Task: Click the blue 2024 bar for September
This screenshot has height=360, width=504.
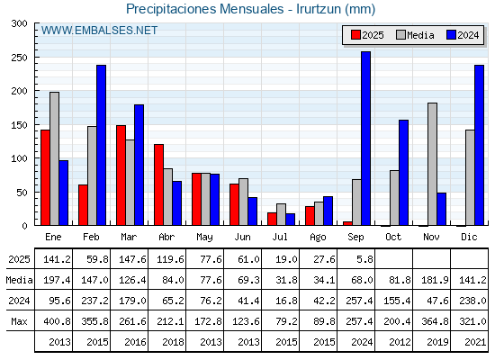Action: click(x=365, y=139)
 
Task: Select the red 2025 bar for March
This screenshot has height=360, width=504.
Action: click(x=121, y=175)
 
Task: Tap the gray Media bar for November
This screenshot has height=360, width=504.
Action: click(x=432, y=164)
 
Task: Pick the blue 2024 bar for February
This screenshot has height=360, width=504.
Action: click(x=101, y=145)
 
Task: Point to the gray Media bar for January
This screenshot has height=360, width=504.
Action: click(x=54, y=158)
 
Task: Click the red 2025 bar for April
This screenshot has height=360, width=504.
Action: click(x=158, y=184)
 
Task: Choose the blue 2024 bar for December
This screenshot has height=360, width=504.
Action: click(x=479, y=145)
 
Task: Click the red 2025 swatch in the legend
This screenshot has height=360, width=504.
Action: click(x=355, y=35)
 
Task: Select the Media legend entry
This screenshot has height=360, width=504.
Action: click(x=415, y=35)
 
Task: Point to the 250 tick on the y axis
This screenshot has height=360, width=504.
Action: click(x=35, y=57)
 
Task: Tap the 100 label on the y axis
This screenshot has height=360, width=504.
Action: click(x=19, y=158)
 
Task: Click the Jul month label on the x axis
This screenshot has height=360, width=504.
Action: click(x=280, y=237)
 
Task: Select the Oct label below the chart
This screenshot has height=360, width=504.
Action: click(x=393, y=237)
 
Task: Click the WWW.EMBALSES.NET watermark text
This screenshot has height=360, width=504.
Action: click(x=99, y=31)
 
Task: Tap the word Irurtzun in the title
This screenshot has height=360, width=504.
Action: click(x=319, y=9)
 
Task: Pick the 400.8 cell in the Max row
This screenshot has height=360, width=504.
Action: click(x=57, y=321)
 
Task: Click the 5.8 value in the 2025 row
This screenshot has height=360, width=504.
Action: click(x=364, y=259)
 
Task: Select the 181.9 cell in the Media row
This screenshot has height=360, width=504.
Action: click(x=435, y=280)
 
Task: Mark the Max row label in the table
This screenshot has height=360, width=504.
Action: click(x=19, y=321)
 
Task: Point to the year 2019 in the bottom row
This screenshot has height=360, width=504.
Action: click(x=437, y=342)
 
